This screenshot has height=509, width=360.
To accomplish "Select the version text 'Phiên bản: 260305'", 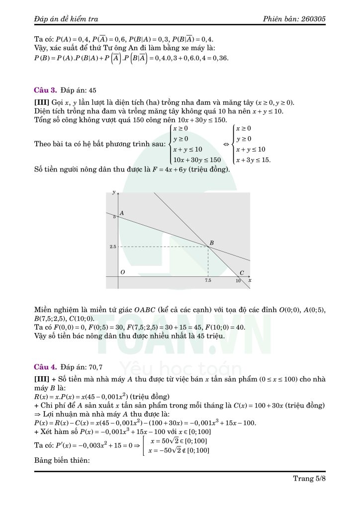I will [x=295, y=19].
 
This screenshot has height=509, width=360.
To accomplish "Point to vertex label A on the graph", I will [x=122, y=213].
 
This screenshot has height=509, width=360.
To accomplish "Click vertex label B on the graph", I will [x=211, y=243].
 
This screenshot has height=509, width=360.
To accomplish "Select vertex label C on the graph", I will [x=242, y=272].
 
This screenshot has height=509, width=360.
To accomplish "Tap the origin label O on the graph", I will [x=122, y=272].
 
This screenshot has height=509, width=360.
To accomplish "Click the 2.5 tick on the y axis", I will [x=113, y=247].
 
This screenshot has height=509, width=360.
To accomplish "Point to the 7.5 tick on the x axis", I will [x=208, y=281].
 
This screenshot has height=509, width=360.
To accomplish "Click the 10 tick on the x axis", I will [x=238, y=281].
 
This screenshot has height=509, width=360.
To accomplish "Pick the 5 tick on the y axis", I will [x=114, y=217].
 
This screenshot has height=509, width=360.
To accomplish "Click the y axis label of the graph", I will [x=114, y=192].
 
